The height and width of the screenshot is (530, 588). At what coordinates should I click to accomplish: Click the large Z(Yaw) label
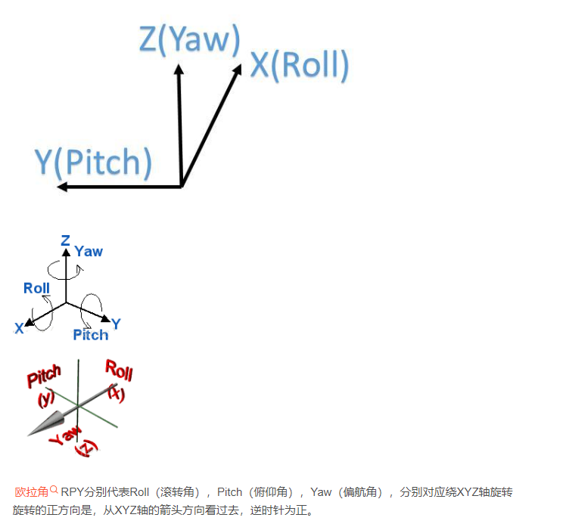point(189,40)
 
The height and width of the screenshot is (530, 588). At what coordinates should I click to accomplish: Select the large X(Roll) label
point(300,66)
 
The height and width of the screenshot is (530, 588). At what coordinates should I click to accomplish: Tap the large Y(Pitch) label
point(93,163)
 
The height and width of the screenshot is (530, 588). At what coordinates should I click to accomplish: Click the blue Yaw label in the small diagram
point(89,252)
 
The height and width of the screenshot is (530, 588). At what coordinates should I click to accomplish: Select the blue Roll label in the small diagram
point(36,288)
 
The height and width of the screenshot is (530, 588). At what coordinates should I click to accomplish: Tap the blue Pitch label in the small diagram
point(90,335)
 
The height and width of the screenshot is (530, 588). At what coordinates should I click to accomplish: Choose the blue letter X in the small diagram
point(19,329)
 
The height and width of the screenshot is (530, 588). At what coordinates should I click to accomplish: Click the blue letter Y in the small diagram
point(116,324)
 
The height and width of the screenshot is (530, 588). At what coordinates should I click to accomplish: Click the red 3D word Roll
point(119,370)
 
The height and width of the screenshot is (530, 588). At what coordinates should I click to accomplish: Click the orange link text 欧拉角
point(31,492)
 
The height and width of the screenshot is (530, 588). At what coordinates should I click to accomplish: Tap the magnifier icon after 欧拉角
point(54,490)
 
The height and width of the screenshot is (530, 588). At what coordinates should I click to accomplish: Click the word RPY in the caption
point(73,492)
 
